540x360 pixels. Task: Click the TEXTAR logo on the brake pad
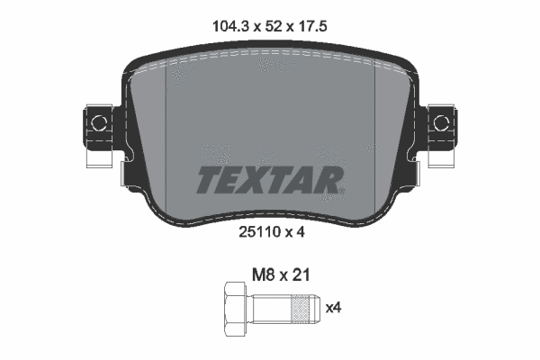[269, 180]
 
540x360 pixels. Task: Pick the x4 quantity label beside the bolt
[333, 309]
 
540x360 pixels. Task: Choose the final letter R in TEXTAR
[330, 180]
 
